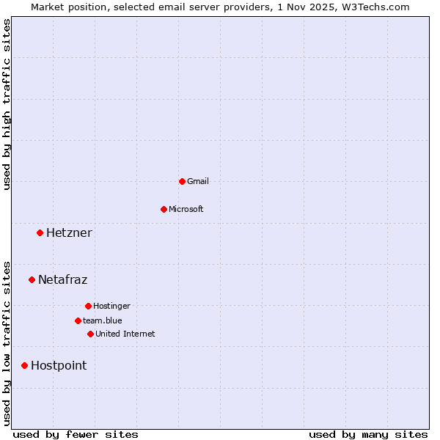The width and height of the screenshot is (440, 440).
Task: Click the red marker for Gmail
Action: coord(182,181)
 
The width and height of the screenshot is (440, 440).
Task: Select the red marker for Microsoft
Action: coord(164,209)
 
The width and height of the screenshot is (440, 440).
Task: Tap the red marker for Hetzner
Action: coord(40,233)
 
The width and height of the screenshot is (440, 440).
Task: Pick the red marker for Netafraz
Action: coord(32,279)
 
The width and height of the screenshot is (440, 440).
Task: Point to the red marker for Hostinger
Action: coord(88,306)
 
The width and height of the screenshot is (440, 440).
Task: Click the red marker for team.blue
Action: coord(78,320)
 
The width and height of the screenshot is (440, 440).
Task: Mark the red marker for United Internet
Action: coord(90,334)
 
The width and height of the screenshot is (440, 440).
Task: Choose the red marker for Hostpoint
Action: coord(24,365)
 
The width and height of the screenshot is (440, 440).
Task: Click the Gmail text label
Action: coord(198,181)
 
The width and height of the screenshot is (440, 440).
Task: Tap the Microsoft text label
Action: coord(186,209)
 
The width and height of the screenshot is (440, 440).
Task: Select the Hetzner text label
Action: coord(69,233)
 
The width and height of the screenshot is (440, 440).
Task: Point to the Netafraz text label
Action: coord(63,279)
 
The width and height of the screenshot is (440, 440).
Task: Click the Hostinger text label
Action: coord(111,306)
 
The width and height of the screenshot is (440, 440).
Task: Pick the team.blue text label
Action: coord(103,320)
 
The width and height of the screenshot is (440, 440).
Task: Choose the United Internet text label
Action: coord(125,334)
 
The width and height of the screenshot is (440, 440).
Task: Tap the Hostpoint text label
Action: coord(59,365)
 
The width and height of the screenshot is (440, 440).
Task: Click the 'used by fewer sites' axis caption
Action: coord(76,434)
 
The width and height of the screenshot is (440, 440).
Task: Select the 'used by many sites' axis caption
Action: coord(368,434)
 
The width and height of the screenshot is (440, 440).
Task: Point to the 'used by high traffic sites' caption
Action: coord(7,104)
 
